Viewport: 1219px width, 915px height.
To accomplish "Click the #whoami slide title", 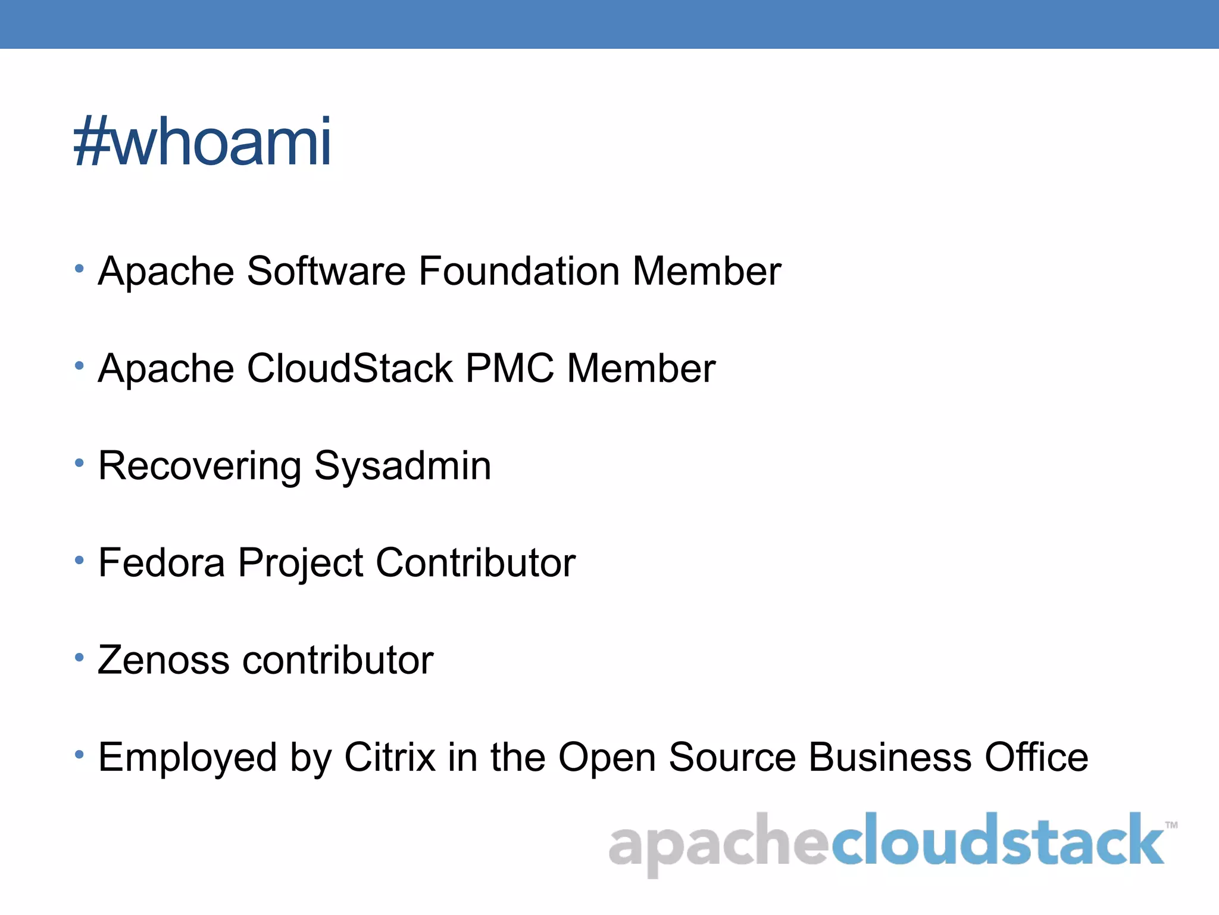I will (202, 142).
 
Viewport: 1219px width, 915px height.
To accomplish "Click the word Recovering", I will (200, 466).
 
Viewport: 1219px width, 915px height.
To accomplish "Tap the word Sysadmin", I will (402, 466).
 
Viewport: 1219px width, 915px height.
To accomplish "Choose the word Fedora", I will (161, 562).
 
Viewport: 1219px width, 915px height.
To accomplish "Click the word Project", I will (301, 564).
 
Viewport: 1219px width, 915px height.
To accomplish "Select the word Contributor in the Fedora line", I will (476, 562).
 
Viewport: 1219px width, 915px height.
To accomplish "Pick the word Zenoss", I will (164, 660).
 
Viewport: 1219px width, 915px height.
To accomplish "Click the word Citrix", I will (390, 757).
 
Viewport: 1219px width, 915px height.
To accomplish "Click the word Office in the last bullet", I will (1036, 757).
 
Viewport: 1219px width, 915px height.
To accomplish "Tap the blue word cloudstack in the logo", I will (997, 840).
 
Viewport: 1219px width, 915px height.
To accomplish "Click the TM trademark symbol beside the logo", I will (1171, 826).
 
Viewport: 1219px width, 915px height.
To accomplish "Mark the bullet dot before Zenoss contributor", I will (79, 657).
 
